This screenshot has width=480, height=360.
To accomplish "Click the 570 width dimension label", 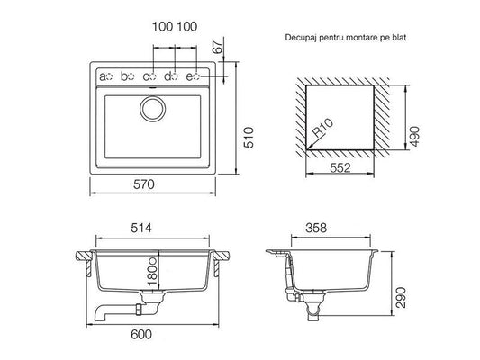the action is point(144,184).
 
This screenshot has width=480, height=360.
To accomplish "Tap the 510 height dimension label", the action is point(249,138).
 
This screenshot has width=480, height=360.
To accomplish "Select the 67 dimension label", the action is point(218,47).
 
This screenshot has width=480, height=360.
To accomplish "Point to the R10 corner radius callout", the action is point(322,127).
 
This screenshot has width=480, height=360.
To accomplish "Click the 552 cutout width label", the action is point(340,167).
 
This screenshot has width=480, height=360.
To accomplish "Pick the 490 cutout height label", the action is point(414,137).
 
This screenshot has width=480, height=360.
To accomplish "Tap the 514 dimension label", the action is point(141,228).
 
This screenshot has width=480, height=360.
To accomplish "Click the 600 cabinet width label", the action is point(141,334).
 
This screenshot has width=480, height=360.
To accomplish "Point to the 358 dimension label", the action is point(316,228).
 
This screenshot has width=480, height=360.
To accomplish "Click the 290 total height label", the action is point(401,297).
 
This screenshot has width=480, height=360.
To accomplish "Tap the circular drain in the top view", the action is point(153,109).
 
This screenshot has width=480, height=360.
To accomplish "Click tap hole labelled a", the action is point(110,76).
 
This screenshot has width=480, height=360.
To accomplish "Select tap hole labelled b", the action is point(131,76).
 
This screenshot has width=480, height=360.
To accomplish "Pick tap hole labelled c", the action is point(153,76).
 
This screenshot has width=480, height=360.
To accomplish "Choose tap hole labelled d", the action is point(175,76).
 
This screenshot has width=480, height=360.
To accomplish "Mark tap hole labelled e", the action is point(196,76).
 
